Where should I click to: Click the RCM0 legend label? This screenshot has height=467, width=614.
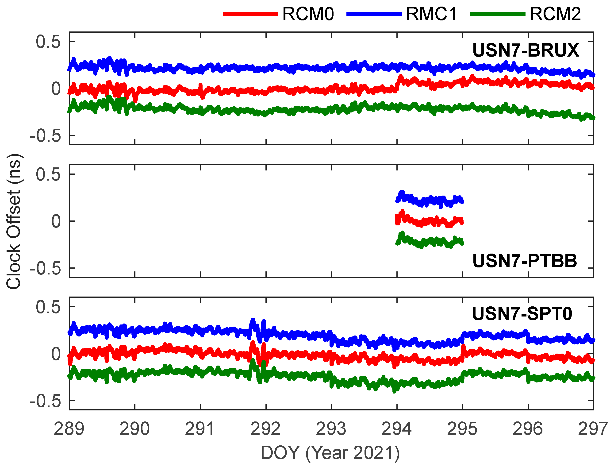pos(308,14)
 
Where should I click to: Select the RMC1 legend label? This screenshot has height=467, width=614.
pos(431,14)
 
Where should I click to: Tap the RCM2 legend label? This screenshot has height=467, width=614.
pos(555,14)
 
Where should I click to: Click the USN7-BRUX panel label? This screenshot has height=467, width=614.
pos(526,50)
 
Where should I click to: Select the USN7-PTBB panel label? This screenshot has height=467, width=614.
pos(525,261)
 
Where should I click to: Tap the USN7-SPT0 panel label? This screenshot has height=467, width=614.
pos(522,313)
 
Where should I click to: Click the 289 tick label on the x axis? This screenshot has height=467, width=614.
pos(69,429)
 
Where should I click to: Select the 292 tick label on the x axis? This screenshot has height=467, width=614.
pos(266,429)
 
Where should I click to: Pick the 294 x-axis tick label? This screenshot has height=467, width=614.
pos(396,429)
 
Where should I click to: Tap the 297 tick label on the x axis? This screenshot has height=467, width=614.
pos(593,429)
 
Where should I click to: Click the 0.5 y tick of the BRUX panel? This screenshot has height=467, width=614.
pos(48,42)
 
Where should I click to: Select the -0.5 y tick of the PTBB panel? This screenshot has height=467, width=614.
pos(45,269)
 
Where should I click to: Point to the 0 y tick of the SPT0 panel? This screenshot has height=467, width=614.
pos(56,354)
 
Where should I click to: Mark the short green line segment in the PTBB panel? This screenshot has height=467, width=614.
pos(430,242)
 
